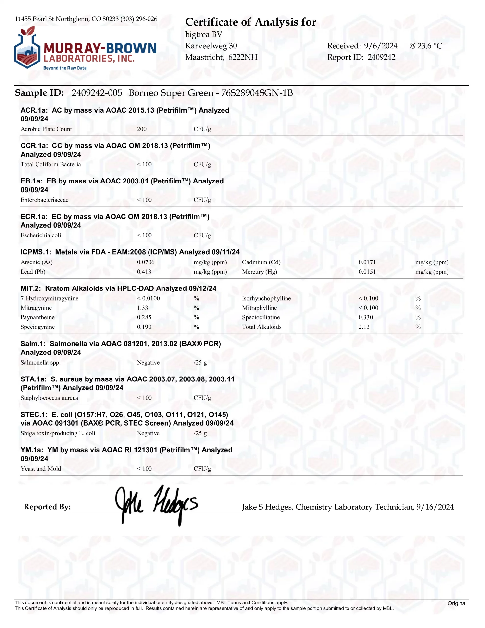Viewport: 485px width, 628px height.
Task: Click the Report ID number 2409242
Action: coord(381,57)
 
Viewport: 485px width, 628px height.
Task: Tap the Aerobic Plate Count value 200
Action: coord(142,129)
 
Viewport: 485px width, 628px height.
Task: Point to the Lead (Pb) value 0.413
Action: coord(144,272)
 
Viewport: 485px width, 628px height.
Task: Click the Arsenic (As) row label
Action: coord(37,262)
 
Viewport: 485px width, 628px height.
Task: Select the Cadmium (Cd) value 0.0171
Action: coord(367,262)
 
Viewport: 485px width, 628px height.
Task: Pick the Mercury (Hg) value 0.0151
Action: coord(367,272)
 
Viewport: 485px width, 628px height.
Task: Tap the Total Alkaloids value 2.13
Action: coord(364,327)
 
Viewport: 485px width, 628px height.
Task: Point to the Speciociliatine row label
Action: coord(261,317)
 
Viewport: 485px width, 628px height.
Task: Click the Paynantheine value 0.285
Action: coord(144,317)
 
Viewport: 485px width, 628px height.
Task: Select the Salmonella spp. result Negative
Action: coord(148,362)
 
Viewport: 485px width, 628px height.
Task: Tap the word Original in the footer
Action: coord(457,603)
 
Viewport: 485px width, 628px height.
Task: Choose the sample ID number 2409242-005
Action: coord(97,93)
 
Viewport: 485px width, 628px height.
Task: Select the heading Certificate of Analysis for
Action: coord(250,22)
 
